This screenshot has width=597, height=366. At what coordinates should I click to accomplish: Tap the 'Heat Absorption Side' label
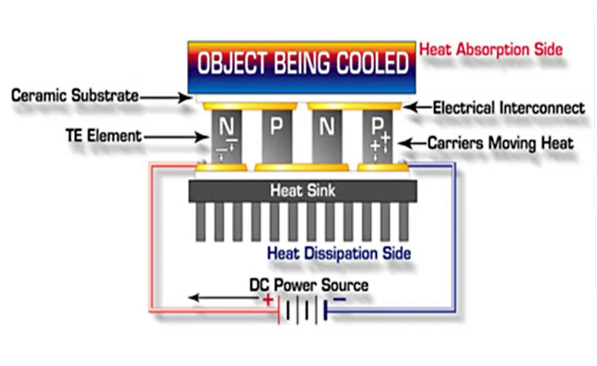pos(491,50)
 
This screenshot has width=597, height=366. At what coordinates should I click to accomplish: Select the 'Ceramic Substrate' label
pos(75,95)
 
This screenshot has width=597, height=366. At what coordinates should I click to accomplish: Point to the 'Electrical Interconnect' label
pos(509,108)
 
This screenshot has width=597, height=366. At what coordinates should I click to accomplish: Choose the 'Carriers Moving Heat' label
pos(500,144)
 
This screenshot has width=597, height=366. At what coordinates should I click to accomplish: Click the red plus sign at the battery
pos(267,300)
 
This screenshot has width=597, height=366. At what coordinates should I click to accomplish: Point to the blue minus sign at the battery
pos(340,300)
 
